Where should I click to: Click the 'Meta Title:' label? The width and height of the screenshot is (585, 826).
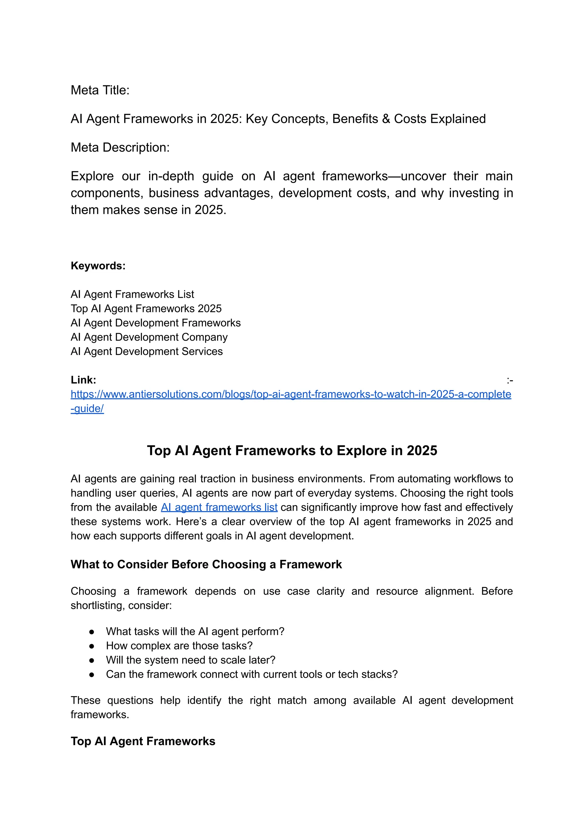click(x=100, y=90)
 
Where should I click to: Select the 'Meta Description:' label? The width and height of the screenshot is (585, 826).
click(x=120, y=147)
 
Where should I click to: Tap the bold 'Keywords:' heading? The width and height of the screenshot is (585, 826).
click(x=98, y=266)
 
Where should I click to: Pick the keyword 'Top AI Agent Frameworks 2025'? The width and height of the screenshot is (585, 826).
click(x=146, y=309)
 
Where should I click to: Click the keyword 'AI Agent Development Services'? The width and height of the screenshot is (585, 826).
click(x=147, y=351)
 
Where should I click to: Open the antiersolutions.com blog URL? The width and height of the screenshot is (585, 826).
click(x=291, y=394)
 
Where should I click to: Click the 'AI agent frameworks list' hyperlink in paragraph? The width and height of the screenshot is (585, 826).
click(x=219, y=507)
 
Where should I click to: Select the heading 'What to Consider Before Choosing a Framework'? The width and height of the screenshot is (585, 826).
click(x=206, y=564)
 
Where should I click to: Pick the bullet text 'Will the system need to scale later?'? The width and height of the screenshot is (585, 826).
click(x=191, y=660)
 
